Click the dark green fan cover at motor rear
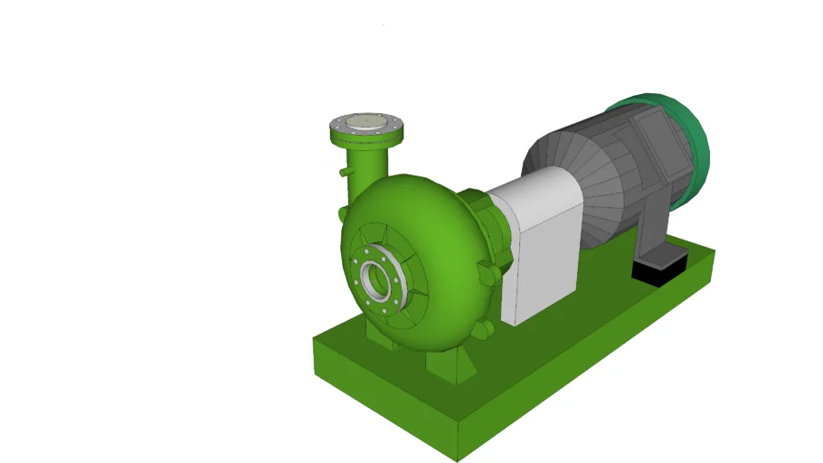[692, 145]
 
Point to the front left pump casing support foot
[377, 331]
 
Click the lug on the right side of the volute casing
[489, 272]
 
